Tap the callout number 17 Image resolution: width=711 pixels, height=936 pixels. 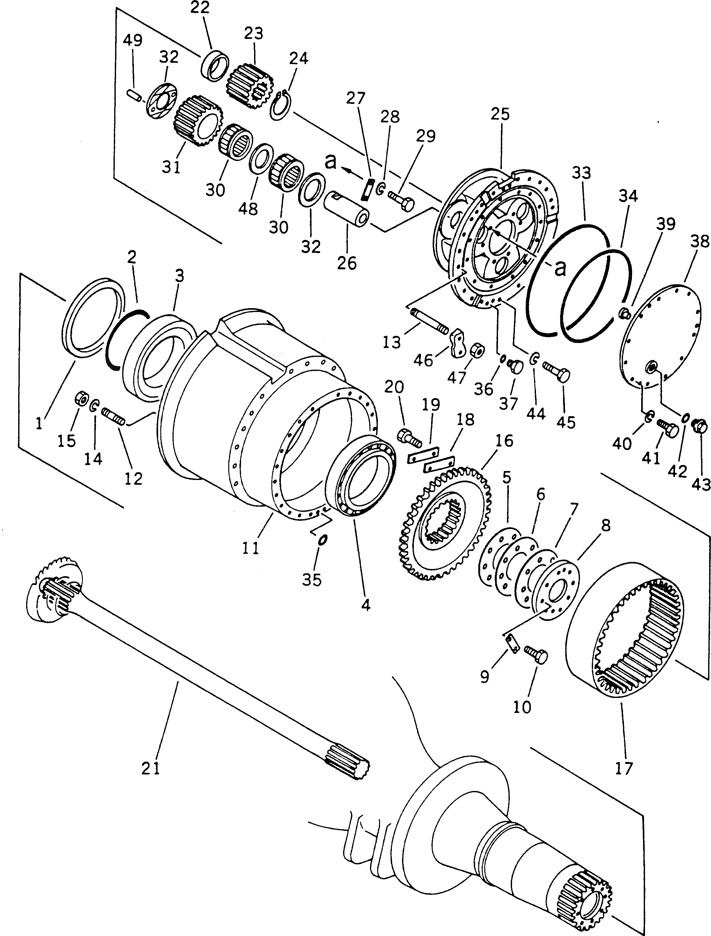point(623,768)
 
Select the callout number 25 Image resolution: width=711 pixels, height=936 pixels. point(501,114)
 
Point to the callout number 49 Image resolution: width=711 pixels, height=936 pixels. point(132,40)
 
